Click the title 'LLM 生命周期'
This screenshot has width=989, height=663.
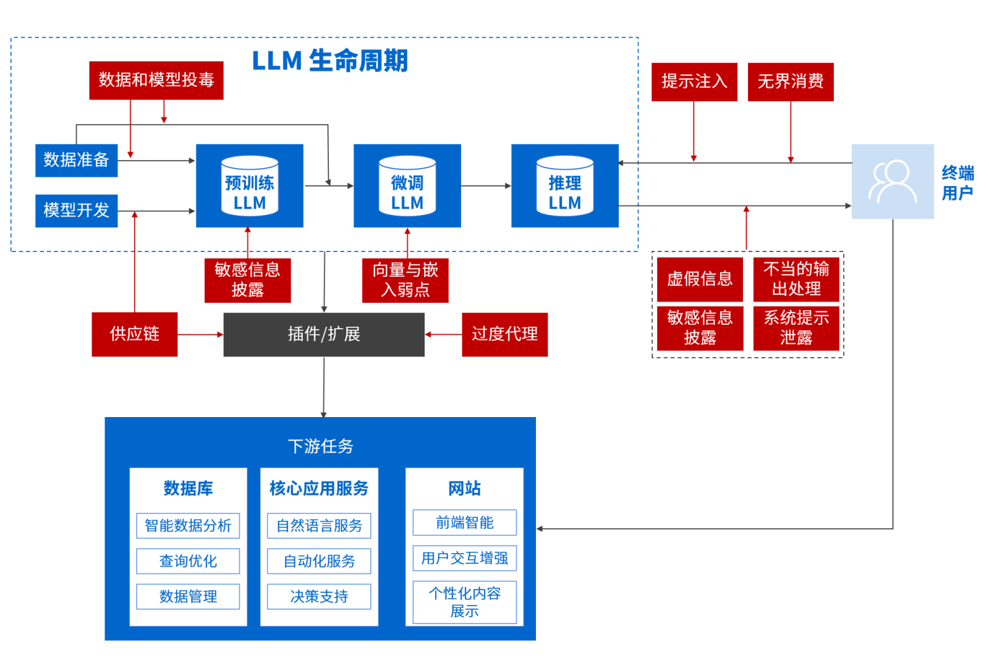pos(329,61)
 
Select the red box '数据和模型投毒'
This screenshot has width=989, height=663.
pos(156,80)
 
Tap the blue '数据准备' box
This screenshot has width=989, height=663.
pos(76,160)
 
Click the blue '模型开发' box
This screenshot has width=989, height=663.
pos(76,210)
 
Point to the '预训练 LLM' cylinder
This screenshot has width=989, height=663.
pos(250,186)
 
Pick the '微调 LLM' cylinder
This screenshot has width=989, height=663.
pos(407,186)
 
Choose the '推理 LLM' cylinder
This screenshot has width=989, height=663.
pos(564,186)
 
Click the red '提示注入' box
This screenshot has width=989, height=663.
pos(694,82)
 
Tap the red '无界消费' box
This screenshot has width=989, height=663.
pos(790,82)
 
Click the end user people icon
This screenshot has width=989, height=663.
pos(892,182)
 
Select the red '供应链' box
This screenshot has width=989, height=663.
pos(134,334)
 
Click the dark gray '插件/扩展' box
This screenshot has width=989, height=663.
pos(323,334)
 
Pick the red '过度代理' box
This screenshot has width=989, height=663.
pos(504,334)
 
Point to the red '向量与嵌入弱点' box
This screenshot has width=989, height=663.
pos(405,280)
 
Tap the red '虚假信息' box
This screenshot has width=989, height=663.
pos(699,279)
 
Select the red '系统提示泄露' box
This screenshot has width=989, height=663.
pos(796,328)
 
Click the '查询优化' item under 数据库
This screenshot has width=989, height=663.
pos(188,561)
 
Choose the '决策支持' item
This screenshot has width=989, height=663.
pos(319,596)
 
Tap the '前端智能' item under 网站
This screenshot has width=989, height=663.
pos(464,523)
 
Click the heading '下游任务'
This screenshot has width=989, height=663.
pos(320,446)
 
